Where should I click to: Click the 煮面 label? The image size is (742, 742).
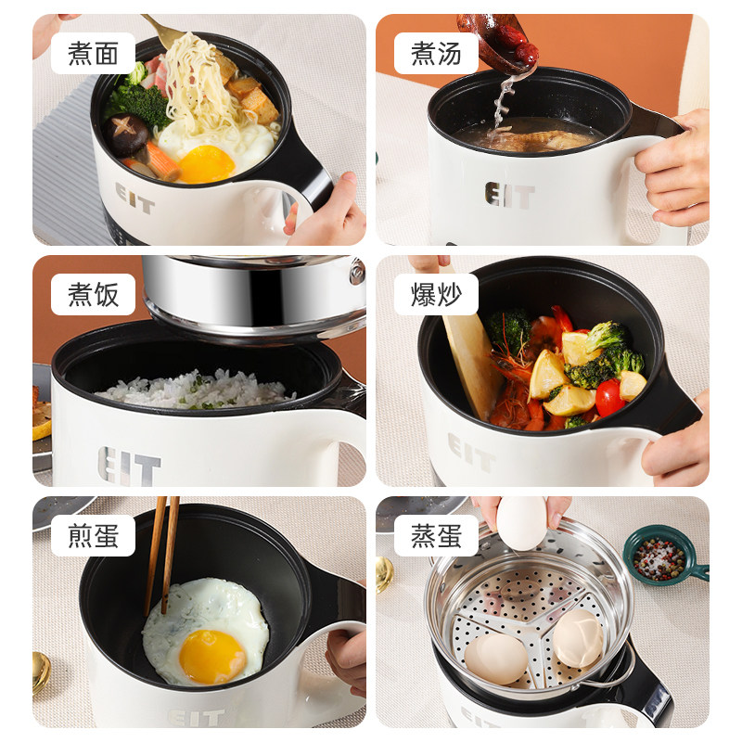tap(93, 53)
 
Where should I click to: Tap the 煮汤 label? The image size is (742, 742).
tap(436, 53)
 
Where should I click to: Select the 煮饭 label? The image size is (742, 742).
tap(93, 294)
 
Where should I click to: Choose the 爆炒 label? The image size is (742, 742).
tap(436, 294)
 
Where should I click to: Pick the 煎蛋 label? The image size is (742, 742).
tap(93, 535)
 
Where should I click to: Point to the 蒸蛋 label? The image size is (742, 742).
tap(436, 535)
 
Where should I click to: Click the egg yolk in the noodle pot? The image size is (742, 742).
tap(206, 164)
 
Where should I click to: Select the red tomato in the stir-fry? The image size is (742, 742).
tap(608, 397)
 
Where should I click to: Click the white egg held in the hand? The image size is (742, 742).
tap(521, 522)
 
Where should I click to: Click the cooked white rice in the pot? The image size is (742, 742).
tap(195, 390)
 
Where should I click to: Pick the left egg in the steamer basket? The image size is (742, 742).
tap(495, 656)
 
